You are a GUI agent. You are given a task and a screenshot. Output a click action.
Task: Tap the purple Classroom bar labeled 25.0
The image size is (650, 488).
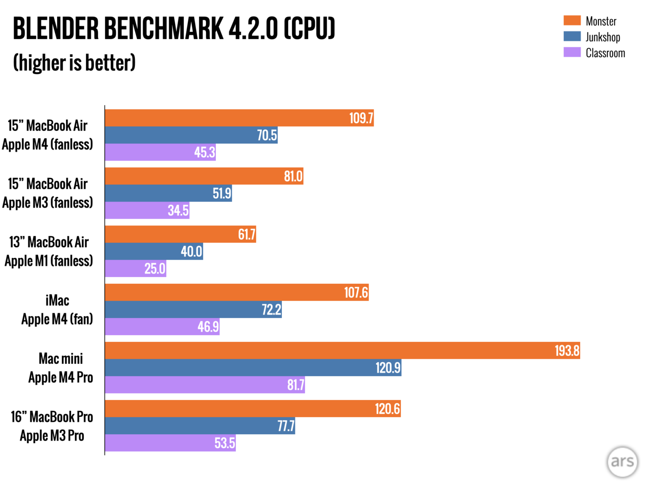[x=135, y=269]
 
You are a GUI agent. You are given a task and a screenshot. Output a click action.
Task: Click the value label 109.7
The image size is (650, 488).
[x=361, y=118]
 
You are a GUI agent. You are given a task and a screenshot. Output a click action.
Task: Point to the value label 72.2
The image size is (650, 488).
[x=271, y=310]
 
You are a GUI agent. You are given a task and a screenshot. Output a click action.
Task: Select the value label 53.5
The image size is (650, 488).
[x=224, y=443]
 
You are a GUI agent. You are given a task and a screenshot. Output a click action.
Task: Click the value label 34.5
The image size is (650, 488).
[x=178, y=211]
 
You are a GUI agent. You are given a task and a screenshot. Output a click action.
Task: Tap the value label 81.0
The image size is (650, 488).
[x=293, y=176]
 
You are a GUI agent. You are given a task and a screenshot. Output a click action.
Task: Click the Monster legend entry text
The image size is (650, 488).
[x=601, y=21]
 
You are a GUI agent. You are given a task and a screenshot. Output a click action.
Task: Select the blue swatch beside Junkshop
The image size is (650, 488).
[x=572, y=36]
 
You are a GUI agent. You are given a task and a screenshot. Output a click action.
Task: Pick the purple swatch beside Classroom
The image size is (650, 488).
[x=572, y=52]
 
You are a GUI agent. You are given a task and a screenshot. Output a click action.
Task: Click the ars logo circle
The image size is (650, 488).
[x=622, y=462]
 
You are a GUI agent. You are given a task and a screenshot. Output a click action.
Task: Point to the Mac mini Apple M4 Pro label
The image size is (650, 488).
[x=61, y=368]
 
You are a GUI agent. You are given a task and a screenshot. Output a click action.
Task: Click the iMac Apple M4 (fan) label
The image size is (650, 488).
[x=57, y=310]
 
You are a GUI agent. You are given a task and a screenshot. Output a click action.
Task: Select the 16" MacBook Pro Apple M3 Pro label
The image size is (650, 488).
[x=52, y=426]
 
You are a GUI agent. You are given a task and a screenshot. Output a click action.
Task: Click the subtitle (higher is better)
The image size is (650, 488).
[x=74, y=63]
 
